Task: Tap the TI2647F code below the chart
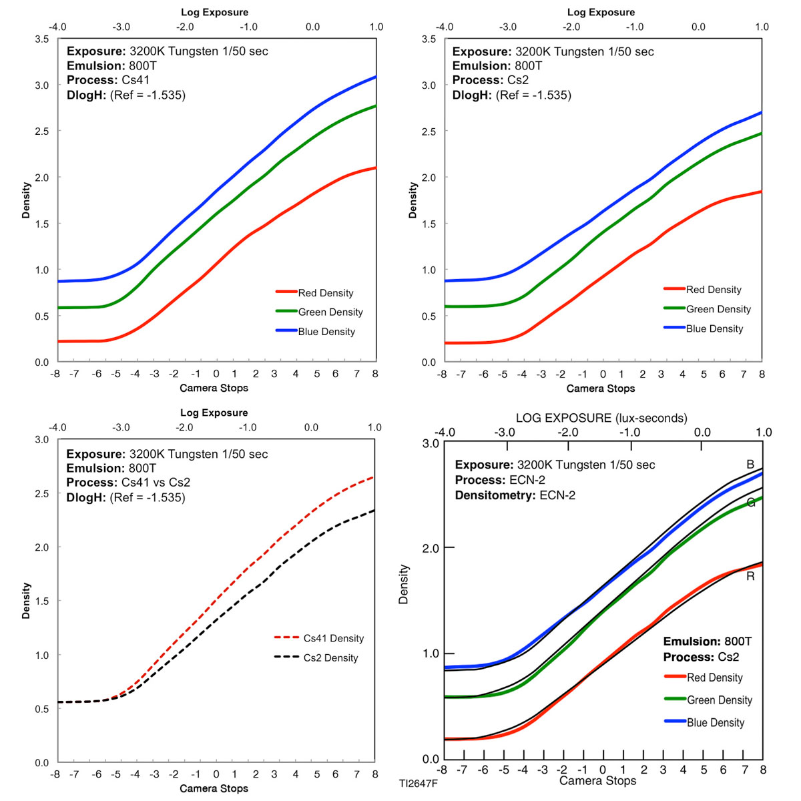pos(419,783)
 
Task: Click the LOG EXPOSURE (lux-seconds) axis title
pos(601,418)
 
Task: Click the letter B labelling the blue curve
pos(750,465)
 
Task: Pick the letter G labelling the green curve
pos(750,503)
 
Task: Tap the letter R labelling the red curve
pos(750,576)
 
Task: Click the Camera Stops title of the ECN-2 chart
pos(597,780)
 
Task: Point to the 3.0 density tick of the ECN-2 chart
pos(431,443)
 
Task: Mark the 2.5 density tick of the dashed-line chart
pos(41,493)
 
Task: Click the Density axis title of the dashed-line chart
pos(26,601)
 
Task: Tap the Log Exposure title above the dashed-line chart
pos(214,413)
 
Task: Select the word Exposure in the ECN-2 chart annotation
pos(483,465)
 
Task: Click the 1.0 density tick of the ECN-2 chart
pos(431,653)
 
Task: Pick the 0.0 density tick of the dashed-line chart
pos(41,762)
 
